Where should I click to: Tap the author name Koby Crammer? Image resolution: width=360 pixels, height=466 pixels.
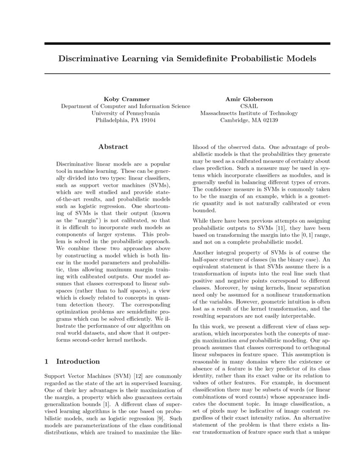125,99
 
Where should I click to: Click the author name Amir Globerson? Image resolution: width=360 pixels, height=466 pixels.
249,99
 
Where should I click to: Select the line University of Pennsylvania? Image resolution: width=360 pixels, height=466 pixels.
125,113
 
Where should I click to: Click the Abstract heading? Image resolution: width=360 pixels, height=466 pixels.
113,147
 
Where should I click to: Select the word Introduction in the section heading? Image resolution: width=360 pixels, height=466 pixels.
78,361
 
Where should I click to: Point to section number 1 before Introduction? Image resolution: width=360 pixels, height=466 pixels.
46,361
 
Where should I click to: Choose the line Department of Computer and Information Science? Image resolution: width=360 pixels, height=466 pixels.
125,106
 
